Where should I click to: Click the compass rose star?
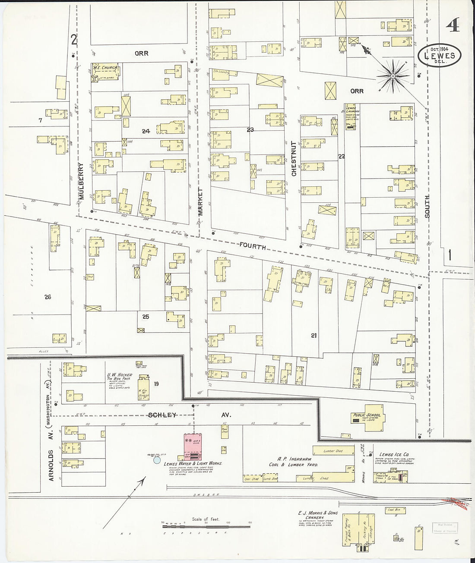pos(393,77)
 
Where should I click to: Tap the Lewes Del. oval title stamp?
pos(439,55)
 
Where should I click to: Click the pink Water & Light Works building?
pos(193,447)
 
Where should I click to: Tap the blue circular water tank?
pos(157,460)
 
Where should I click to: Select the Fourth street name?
pos(253,247)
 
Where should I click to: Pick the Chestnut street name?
pos(294,158)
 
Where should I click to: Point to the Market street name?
pos(200,201)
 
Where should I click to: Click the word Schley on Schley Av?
pos(162,415)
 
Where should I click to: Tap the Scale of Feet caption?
pos(206,519)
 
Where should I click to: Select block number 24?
pos(146,131)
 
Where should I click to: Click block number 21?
pos(313,335)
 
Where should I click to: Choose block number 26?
pos(47,297)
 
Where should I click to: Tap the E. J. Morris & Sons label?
pos(318,513)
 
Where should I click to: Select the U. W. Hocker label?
pos(120,375)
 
